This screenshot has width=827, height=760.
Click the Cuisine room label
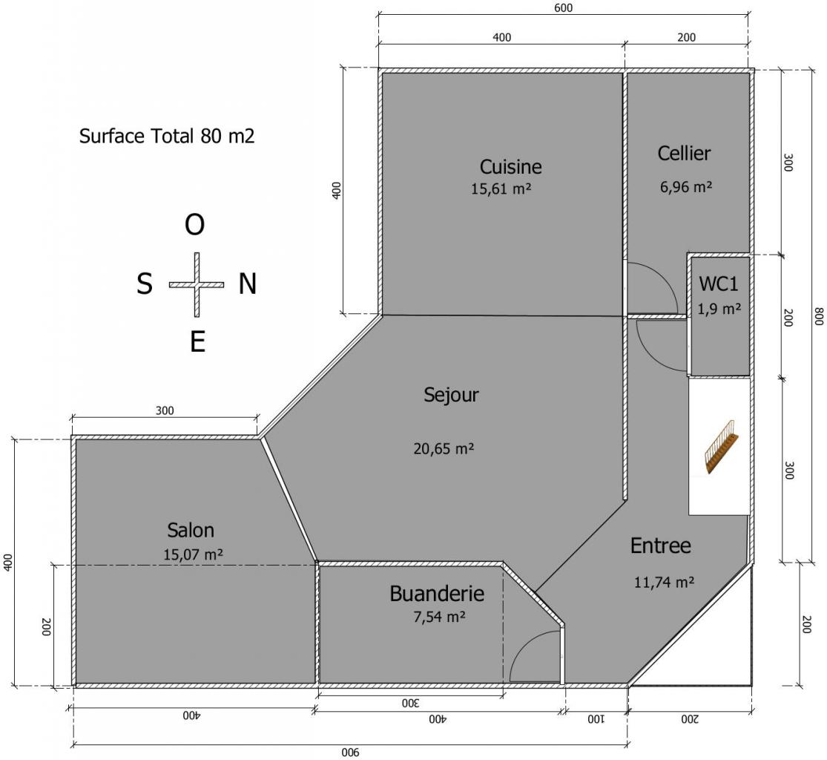point(510,167)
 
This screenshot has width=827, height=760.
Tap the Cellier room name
point(684,153)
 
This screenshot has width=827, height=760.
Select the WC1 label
point(719,284)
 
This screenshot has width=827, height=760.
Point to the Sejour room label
point(451,396)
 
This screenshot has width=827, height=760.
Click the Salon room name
point(191,530)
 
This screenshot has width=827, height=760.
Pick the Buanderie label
point(437,594)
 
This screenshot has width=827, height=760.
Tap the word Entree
point(660,546)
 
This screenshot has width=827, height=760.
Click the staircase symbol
point(722,447)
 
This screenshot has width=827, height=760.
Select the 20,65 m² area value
point(444,448)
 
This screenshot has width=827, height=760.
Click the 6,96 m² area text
point(686,187)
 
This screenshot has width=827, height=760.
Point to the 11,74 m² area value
point(664,582)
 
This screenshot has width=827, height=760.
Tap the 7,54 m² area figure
point(439,617)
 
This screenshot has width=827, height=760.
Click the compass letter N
point(248,284)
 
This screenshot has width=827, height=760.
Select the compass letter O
point(194,226)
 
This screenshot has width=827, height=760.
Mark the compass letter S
point(145,284)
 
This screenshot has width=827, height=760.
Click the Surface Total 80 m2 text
point(167,136)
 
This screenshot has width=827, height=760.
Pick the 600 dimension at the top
point(563,8)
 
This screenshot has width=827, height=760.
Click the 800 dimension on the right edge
point(819,316)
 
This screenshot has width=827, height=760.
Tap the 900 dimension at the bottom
point(350,753)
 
